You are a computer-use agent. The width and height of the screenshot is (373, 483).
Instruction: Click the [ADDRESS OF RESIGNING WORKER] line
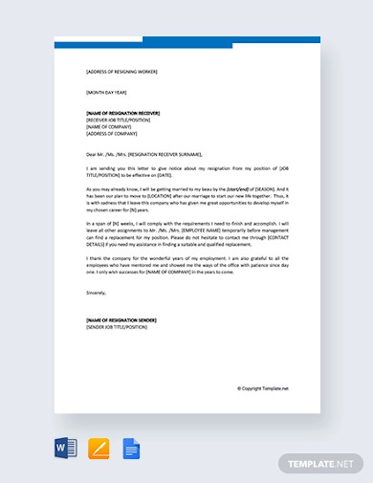click(121, 72)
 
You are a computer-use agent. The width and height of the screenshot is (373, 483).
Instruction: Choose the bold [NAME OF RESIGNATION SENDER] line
click(121, 319)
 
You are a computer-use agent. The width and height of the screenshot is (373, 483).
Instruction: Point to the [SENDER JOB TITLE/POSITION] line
click(117, 327)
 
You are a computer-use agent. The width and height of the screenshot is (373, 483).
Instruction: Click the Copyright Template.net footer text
click(263, 388)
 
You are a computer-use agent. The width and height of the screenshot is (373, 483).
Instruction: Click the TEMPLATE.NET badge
click(319, 463)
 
